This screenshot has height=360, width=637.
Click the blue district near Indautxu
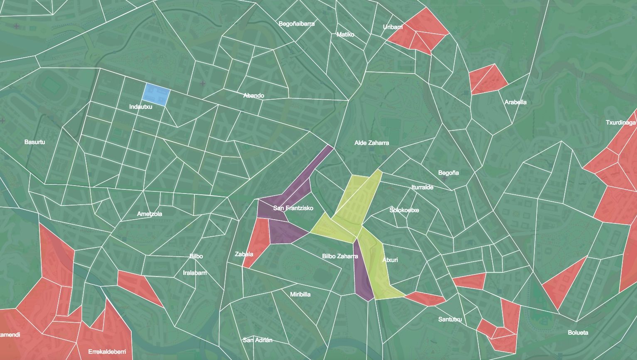coord(156,93)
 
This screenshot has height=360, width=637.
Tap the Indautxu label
coord(140,107)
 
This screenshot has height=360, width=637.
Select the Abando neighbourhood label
coord(253,96)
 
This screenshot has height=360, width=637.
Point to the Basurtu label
coord(35,142)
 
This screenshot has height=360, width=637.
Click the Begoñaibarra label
coord(297,24)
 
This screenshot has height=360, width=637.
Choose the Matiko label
coord(345,34)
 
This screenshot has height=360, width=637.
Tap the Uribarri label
coord(393,27)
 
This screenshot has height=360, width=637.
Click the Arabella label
coord(515,102)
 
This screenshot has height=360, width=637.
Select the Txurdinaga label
coord(621,122)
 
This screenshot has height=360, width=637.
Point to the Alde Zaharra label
coord(371,143)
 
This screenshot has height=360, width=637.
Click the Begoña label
coord(448,173)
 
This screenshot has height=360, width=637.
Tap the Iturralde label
coord(422,187)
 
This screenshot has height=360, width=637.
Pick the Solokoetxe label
coord(404,210)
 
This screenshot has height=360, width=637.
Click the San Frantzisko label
coord(293,208)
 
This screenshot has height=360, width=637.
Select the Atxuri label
coord(390,260)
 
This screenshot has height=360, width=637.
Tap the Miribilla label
coord(300,294)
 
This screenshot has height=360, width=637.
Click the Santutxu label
coord(450,319)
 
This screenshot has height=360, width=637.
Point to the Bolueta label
coord(578,333)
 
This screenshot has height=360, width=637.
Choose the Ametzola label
coord(150,214)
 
